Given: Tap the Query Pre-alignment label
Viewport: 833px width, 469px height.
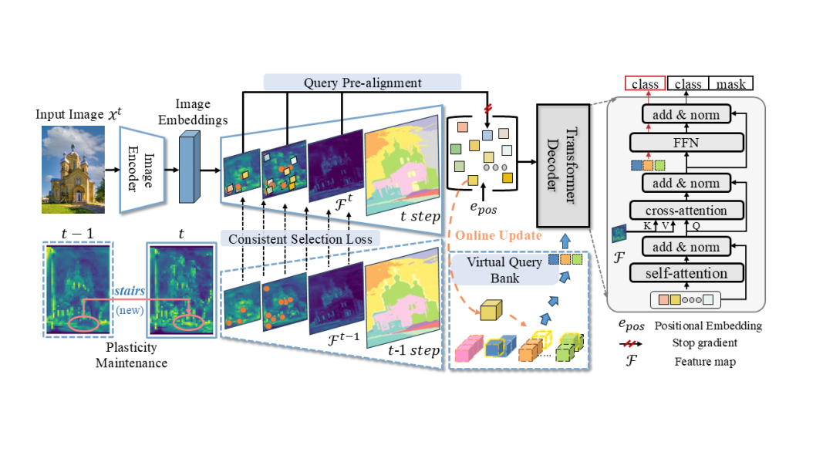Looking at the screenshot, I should coord(363,83).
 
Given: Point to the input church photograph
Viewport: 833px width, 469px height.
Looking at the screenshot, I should coord(73,170).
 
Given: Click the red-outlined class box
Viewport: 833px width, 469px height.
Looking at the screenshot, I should coord(645,83).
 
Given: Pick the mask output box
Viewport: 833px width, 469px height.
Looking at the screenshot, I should coord(731,83).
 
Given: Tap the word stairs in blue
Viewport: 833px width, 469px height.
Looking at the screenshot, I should coord(128,291).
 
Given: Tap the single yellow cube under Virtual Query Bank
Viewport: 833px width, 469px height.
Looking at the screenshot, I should coord(491,311).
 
